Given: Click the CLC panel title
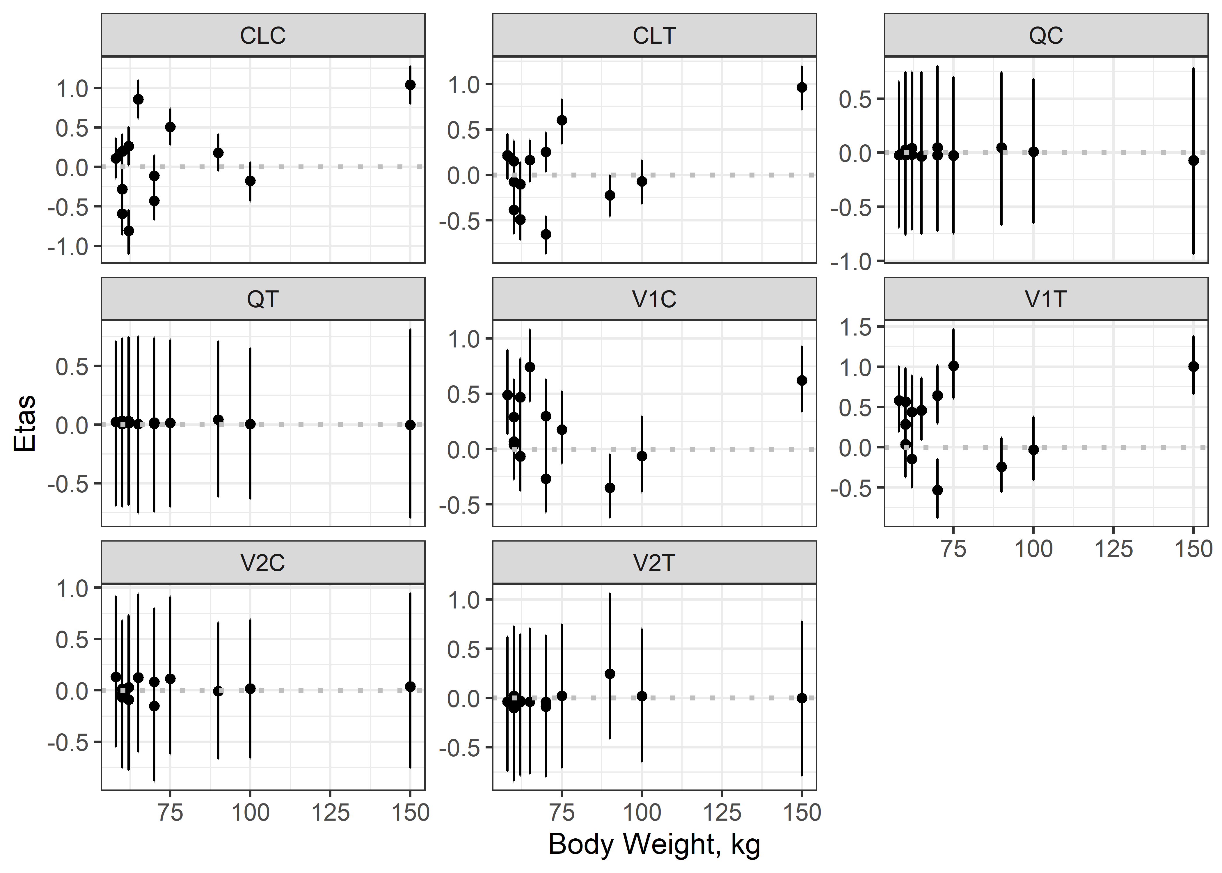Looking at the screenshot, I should click(x=263, y=36).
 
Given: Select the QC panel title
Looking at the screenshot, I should click(x=1046, y=36).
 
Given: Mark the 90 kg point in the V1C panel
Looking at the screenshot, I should click(x=610, y=487).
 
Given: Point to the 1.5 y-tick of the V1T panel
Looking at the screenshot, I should click(x=858, y=327).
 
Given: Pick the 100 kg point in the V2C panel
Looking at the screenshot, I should click(x=250, y=688).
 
